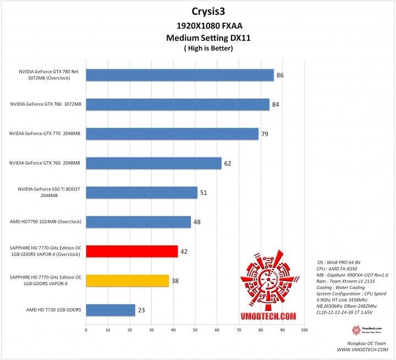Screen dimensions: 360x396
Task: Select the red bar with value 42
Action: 131,251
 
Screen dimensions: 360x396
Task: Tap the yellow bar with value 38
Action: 127,281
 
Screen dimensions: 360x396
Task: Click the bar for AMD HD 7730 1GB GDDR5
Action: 110,310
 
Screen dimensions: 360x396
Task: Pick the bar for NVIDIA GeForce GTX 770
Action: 172,133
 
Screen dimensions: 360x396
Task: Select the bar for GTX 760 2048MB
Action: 153,163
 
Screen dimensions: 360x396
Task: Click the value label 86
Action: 280,74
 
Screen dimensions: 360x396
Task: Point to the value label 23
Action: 141,310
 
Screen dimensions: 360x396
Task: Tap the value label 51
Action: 204,192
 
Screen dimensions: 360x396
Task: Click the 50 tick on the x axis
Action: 195,330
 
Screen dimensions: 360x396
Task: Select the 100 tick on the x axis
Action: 304,330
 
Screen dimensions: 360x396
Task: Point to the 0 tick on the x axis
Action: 86,330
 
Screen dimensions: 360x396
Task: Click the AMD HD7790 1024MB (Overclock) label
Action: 46,221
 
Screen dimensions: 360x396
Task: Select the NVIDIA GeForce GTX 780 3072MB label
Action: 46,103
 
